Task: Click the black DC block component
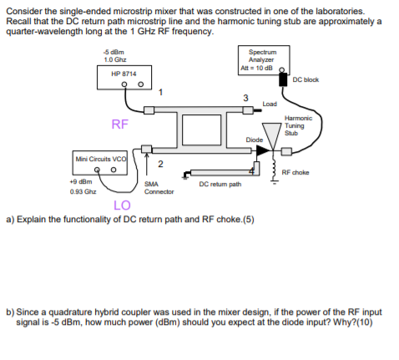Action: point(283,79)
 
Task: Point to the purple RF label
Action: point(120,124)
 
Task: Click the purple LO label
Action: point(122,205)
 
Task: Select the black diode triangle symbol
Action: point(262,151)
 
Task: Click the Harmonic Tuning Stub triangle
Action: point(272,135)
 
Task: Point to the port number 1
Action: point(160,92)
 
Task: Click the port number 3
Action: point(245,98)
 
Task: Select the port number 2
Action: point(160,164)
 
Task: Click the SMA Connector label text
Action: point(159,188)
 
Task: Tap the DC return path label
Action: point(220,185)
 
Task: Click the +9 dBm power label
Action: point(81,182)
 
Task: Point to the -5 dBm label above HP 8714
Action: point(114,52)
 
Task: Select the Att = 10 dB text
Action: point(256,68)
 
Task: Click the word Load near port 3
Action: point(270,104)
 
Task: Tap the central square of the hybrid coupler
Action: point(202,129)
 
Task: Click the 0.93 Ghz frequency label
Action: point(83,192)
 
